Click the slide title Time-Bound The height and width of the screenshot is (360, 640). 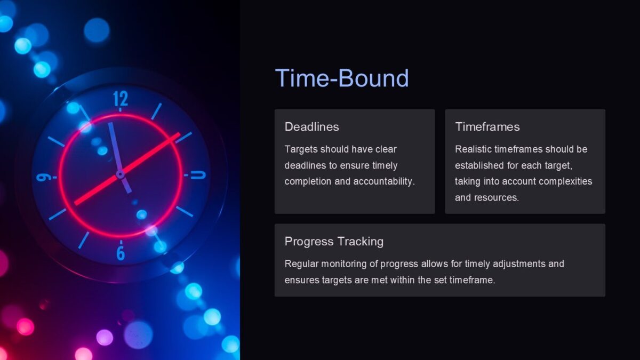[x=341, y=78]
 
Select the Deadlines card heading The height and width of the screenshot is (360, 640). [x=311, y=127]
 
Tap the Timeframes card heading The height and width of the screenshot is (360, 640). [x=487, y=127]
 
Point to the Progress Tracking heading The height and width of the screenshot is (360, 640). [x=334, y=242]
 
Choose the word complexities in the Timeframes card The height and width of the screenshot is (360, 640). [x=565, y=181]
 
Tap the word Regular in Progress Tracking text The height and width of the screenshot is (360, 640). [x=301, y=264]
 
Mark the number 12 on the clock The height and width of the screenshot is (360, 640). [x=121, y=100]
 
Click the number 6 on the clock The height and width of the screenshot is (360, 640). [x=121, y=252]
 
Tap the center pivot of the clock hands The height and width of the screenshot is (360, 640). [x=121, y=174]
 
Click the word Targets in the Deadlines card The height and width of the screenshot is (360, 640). [x=301, y=149]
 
